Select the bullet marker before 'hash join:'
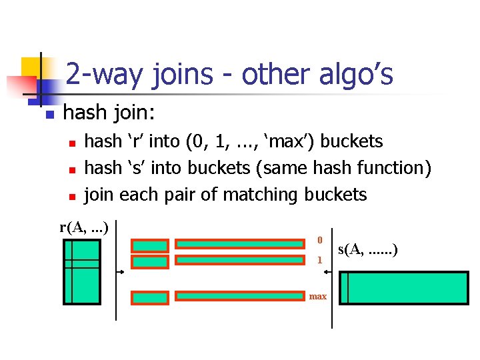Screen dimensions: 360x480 49,115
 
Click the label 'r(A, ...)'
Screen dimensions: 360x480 84,227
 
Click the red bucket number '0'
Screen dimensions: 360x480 319,240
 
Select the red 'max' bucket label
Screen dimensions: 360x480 318,296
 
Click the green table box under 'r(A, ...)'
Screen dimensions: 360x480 81,271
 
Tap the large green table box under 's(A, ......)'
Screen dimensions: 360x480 403,288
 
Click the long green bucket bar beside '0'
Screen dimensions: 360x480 241,244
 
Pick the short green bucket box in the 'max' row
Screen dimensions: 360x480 149,297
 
